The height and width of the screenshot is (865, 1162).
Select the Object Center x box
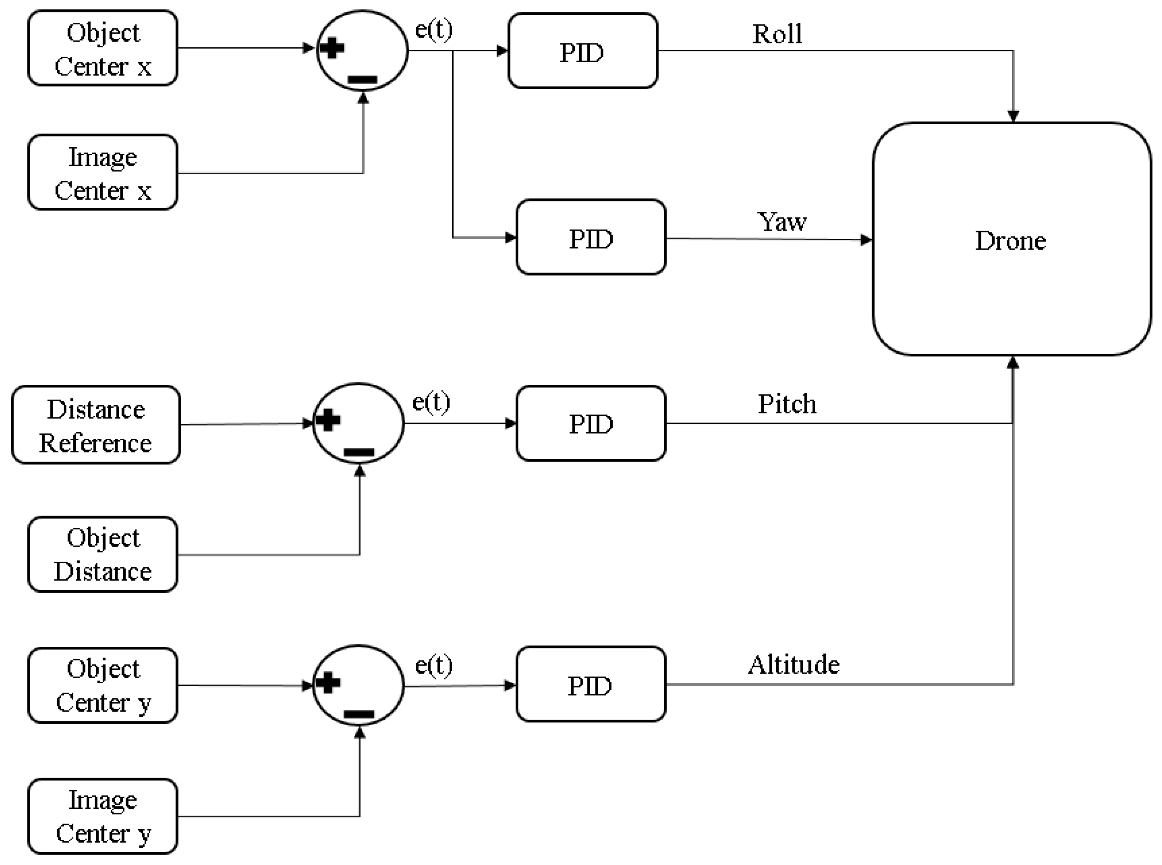(x=102, y=48)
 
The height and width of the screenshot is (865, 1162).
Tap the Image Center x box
(x=102, y=173)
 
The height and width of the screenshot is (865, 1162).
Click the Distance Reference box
(x=96, y=425)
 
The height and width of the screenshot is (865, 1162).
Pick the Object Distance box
(x=102, y=554)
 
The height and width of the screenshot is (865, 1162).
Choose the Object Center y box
(x=102, y=685)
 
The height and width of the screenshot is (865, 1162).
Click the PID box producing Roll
(x=582, y=51)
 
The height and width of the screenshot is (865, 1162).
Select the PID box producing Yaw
(x=591, y=237)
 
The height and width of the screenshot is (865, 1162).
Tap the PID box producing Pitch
(x=591, y=423)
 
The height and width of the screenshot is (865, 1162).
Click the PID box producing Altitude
(x=591, y=684)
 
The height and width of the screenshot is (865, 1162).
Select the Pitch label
(x=787, y=404)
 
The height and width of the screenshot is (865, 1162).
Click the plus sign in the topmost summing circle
(x=332, y=49)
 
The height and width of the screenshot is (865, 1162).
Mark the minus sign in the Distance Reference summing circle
(x=359, y=452)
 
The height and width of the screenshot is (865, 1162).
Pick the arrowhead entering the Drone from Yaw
(x=866, y=240)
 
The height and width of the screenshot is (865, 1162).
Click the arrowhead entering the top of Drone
(x=1013, y=116)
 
